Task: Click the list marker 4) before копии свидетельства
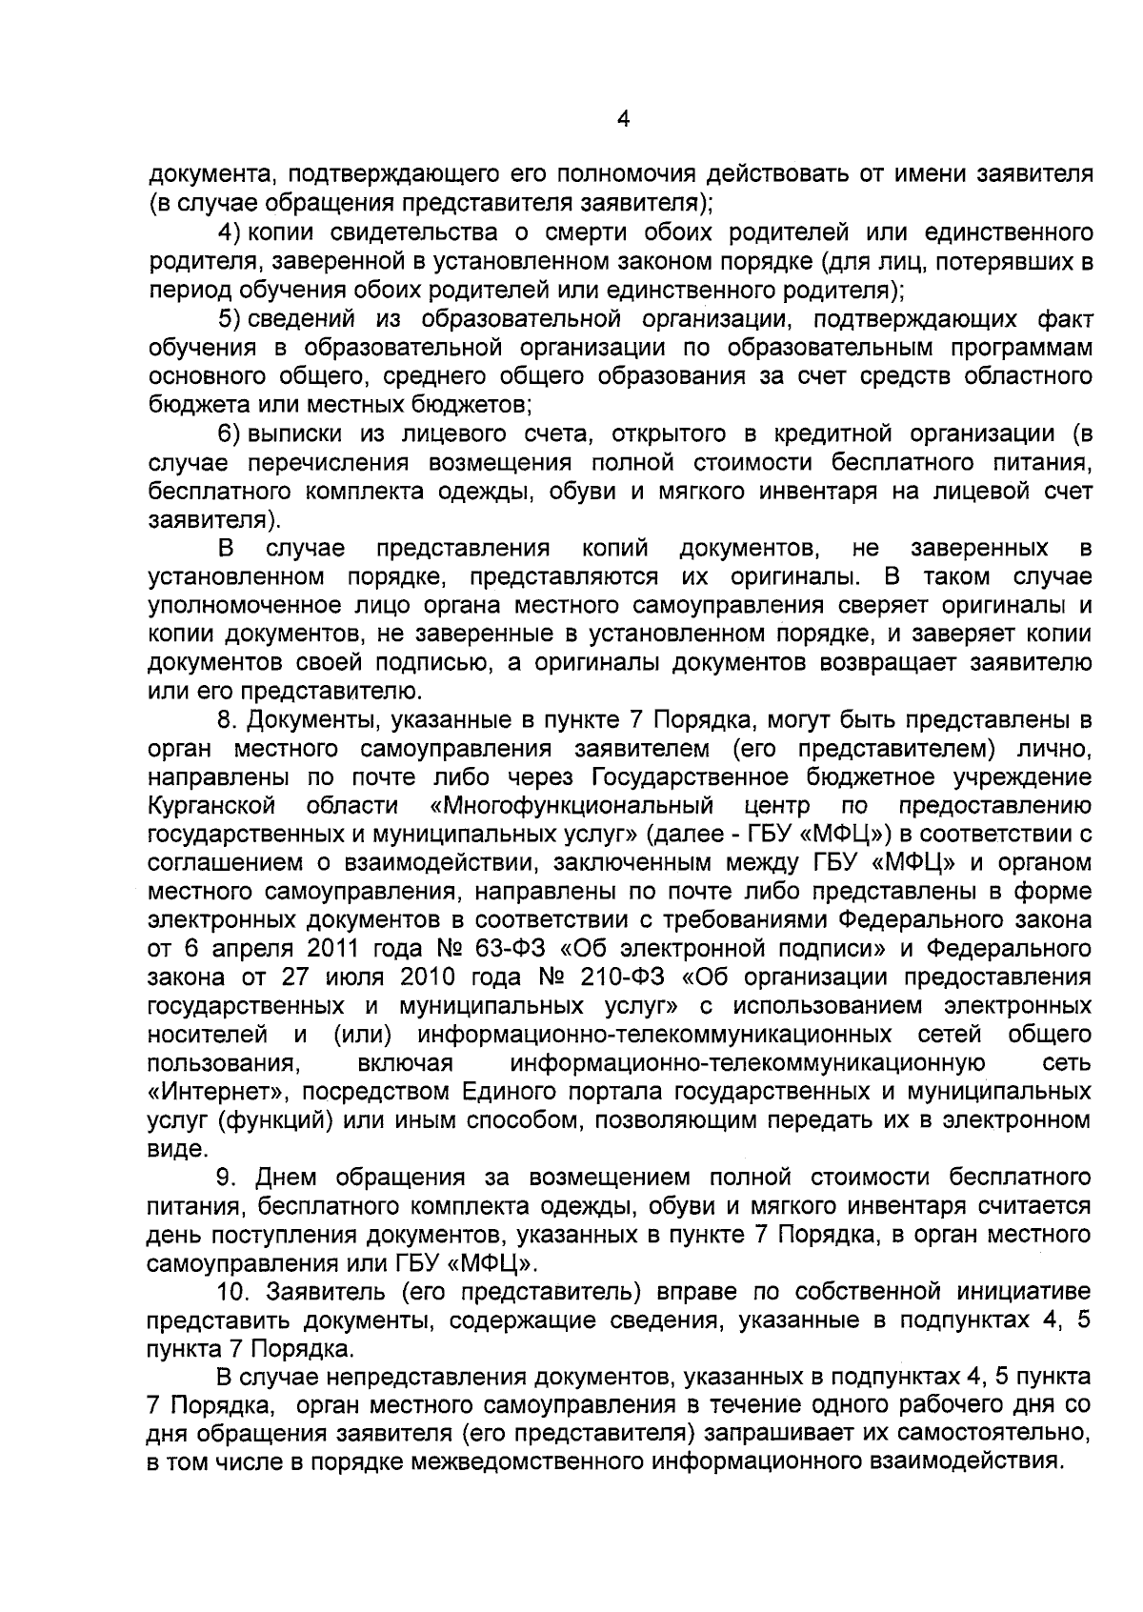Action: [x=232, y=232]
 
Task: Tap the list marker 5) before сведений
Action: [x=232, y=318]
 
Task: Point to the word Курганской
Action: [x=212, y=806]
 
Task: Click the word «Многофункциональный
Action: [x=571, y=806]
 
